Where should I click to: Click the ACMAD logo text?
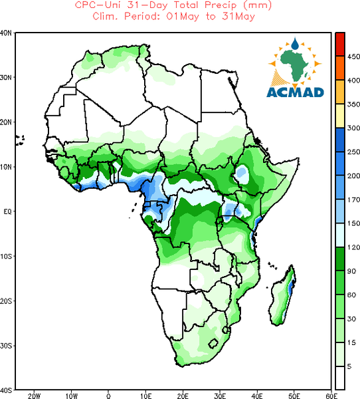click(x=295, y=92)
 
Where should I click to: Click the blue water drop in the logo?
click(x=295, y=43)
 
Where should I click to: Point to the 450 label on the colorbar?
click(x=353, y=57)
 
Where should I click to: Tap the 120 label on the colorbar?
click(x=353, y=247)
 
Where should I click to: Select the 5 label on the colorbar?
click(x=349, y=366)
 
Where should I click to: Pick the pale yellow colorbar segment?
click(x=340, y=116)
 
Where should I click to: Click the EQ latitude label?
click(x=7, y=211)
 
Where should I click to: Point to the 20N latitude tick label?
click(x=6, y=122)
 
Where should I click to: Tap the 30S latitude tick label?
click(x=6, y=346)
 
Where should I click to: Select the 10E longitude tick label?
click(x=145, y=396)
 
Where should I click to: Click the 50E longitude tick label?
click(x=294, y=396)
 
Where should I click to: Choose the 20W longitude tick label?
click(x=34, y=396)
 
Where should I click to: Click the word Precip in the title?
click(x=221, y=5)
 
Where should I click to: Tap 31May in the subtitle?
click(x=238, y=17)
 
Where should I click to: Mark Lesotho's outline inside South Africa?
click(x=213, y=344)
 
